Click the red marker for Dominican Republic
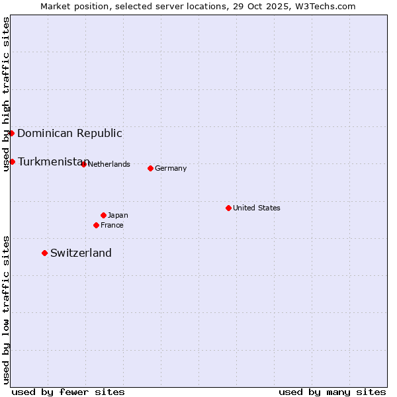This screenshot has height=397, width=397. tap(11, 133)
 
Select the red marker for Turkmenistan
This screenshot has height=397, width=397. tap(12, 161)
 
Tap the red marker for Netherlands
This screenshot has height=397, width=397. tap(83, 164)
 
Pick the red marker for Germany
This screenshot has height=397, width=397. tap(150, 168)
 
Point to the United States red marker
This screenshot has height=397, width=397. tap(228, 208)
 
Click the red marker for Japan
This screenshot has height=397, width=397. tap(103, 215)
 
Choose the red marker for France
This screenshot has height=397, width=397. tap(96, 225)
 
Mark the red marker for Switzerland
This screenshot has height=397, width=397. tap(44, 253)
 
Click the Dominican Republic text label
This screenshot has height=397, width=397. tap(69, 133)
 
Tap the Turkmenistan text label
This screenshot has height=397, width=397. tap(53, 161)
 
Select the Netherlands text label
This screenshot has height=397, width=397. tap(109, 164)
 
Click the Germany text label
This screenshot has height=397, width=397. tap(171, 168)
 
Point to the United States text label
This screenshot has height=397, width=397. tap(257, 208)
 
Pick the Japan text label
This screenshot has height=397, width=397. tap(118, 215)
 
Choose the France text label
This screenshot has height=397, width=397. tap(112, 225)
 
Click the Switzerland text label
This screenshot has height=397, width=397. tap(81, 253)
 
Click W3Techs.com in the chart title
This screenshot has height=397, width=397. tap(325, 6)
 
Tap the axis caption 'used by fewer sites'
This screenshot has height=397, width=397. tap(68, 392)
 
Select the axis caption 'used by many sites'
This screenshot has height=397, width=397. tap(332, 392)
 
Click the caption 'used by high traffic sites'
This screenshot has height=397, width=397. tap(6, 94)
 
